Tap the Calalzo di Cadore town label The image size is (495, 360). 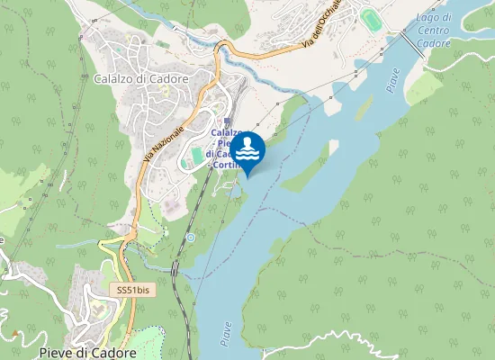(140, 78)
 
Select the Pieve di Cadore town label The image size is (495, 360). (87, 353)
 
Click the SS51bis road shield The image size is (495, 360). (132, 290)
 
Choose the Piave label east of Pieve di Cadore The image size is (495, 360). (225, 334)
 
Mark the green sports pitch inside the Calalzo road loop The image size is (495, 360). (197, 156)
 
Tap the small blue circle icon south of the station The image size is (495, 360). (190, 237)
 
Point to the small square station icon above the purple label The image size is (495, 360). (227, 121)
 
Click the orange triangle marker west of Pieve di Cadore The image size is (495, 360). (15, 334)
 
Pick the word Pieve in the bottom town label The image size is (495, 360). (54, 353)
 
